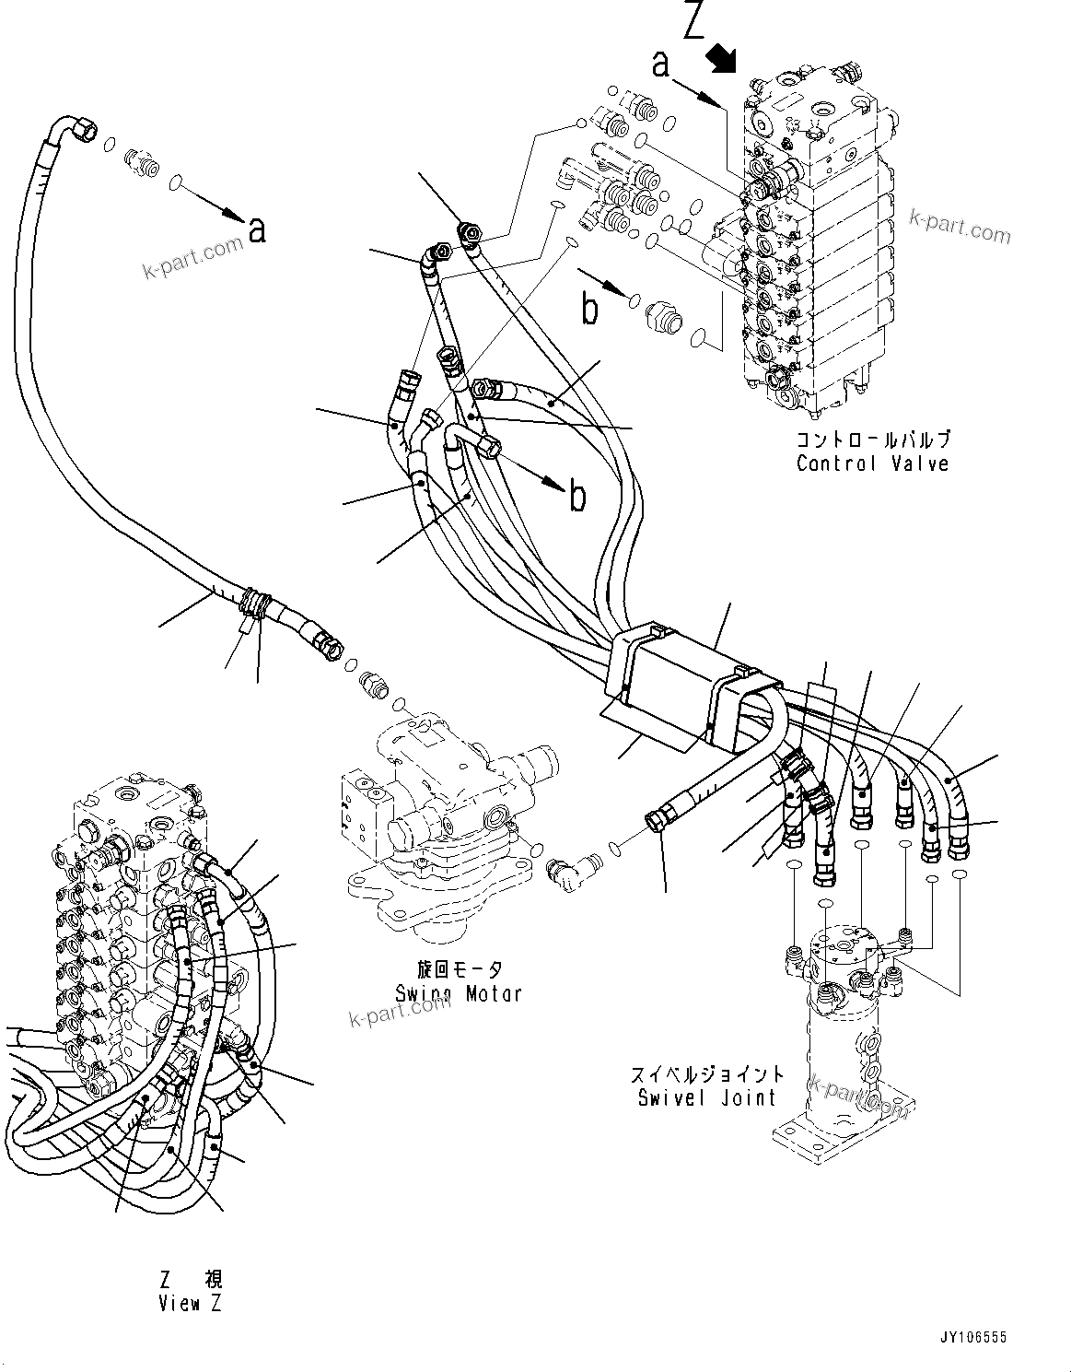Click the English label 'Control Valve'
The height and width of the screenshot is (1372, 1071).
point(871,463)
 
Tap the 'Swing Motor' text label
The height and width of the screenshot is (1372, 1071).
point(458,993)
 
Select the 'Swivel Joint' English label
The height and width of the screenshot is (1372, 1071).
point(706,1097)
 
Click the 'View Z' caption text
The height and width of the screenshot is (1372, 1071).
point(191,1303)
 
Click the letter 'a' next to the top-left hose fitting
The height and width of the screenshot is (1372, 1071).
point(257,229)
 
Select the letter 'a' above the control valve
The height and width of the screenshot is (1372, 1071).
point(659,64)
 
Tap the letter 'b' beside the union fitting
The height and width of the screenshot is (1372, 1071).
point(589,310)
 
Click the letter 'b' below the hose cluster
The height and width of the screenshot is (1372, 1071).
point(576,497)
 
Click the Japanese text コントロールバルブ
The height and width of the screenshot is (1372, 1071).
point(872,440)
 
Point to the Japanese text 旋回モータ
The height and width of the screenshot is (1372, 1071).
point(459,969)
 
